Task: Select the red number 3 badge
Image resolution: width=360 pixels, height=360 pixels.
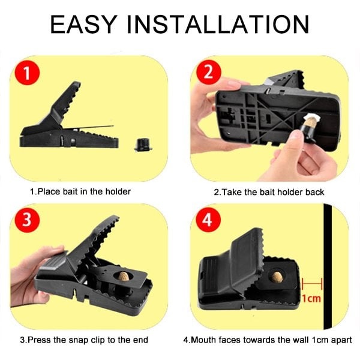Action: tap(28, 219)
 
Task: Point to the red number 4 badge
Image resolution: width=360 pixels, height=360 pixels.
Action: tap(208, 220)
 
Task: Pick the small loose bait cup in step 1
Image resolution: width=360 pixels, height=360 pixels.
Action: tap(142, 144)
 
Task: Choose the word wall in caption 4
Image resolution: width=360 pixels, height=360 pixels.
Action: tap(292, 340)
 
